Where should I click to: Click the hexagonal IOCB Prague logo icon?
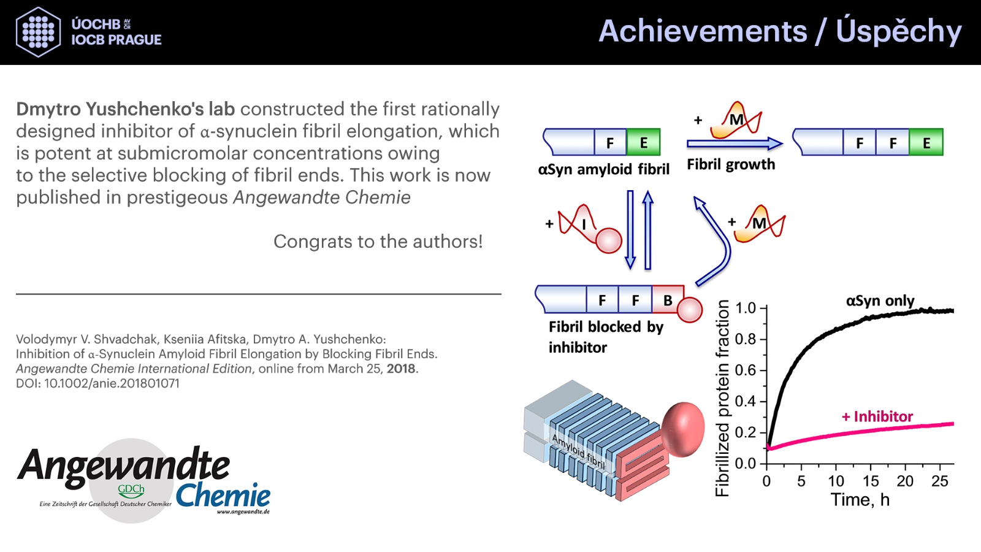(38, 32)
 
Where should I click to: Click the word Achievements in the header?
(703, 31)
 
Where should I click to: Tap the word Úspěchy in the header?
(898, 31)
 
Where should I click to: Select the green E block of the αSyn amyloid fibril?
(643, 142)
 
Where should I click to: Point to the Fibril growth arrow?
(735, 144)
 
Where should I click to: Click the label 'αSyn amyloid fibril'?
(603, 169)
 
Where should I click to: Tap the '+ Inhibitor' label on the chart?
(877, 416)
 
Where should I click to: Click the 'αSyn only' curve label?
(880, 301)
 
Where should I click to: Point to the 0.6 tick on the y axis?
(746, 370)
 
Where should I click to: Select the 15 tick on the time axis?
(871, 481)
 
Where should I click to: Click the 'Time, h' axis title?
(860, 500)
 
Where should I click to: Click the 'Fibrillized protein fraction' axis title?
(722, 398)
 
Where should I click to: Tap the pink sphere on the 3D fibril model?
(683, 429)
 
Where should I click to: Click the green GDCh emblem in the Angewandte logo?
(131, 491)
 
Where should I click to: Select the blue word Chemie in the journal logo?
(223, 496)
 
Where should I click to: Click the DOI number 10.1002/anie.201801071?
(112, 383)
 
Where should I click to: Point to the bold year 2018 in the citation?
(401, 369)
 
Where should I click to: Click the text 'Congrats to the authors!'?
(378, 242)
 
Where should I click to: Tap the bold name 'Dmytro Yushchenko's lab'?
(125, 109)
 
